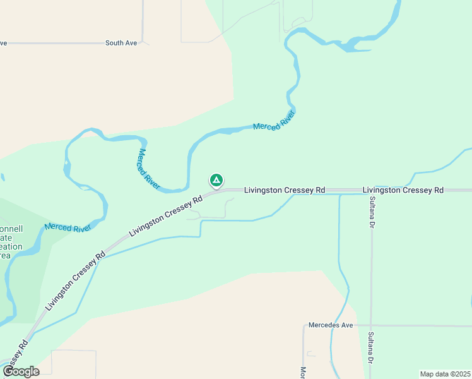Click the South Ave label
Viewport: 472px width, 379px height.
(121, 43)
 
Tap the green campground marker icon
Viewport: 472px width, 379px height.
(216, 181)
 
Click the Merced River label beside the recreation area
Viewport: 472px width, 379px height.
(68, 228)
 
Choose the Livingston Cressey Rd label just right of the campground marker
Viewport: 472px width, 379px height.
(285, 189)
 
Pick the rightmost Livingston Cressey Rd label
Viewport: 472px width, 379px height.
(403, 189)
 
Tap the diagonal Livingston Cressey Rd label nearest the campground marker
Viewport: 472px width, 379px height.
(165, 215)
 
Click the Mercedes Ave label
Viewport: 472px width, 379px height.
(330, 325)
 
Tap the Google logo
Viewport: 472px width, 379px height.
(21, 371)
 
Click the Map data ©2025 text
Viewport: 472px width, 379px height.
(444, 374)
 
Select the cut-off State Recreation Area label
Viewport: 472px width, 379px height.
(11, 242)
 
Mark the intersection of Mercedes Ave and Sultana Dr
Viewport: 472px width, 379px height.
(372, 326)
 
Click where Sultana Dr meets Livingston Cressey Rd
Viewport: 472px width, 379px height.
(372, 190)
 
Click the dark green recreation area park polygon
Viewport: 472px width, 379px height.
(25, 284)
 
